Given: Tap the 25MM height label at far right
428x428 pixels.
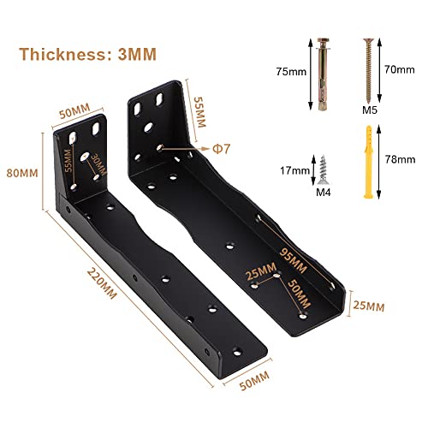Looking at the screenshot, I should (x=369, y=306).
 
